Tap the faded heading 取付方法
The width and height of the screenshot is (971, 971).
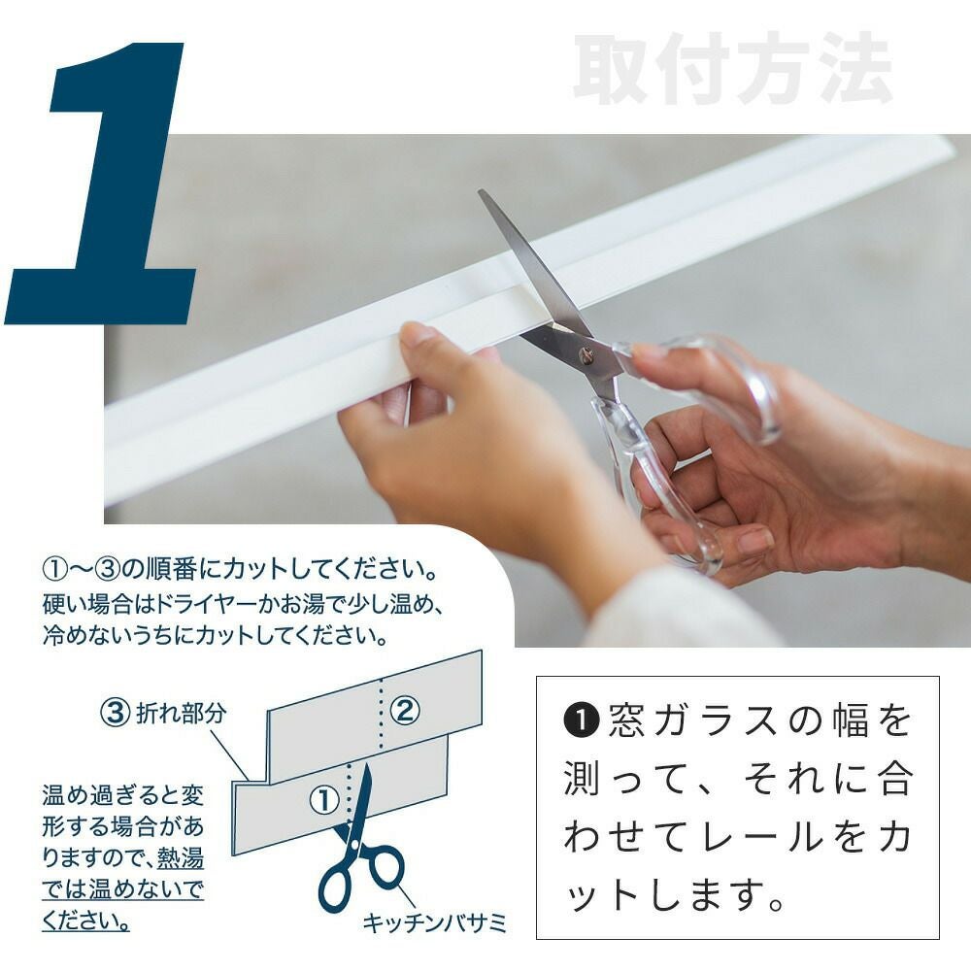pos(732,68)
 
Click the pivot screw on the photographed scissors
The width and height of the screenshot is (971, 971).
pos(586,355)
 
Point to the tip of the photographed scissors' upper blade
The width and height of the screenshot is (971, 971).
pos(481,191)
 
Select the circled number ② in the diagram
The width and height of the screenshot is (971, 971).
pos(405,711)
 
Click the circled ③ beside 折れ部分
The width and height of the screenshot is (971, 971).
pos(116,712)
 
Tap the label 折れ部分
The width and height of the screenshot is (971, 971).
pos(181,714)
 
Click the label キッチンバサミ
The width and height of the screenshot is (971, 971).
pos(435,922)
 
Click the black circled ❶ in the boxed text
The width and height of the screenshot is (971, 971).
pos(581,720)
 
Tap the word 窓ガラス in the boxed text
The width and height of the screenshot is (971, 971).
pos(701,720)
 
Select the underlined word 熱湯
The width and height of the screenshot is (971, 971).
pos(181,859)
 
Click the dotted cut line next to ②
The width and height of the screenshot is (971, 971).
pos(381,713)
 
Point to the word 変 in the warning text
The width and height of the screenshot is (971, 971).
pos(192,795)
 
